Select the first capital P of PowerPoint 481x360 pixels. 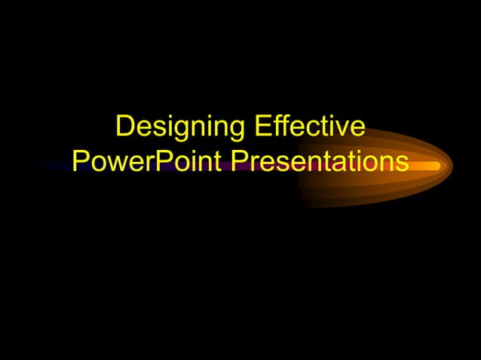(x=81, y=161)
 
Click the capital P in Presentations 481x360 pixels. (x=239, y=161)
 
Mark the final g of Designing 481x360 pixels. (x=236, y=130)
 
